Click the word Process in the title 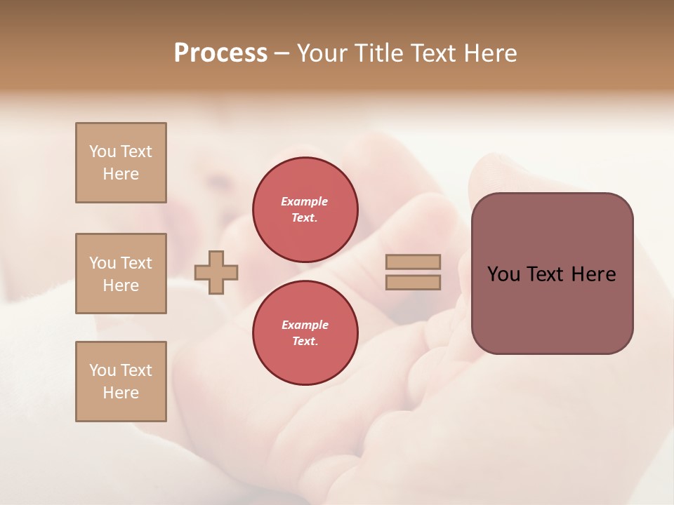point(220,53)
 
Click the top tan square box point(121,163)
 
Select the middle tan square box point(121,274)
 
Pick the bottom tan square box point(121,382)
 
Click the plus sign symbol point(216,272)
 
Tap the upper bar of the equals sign point(413,262)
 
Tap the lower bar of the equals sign point(413,282)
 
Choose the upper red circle point(305,209)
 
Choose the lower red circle point(305,332)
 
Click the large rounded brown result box point(552,274)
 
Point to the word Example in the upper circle point(305,201)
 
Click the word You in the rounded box point(503,274)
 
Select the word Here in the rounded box point(593,274)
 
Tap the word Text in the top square point(136,151)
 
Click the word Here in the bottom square point(121,393)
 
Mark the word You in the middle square point(103,263)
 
